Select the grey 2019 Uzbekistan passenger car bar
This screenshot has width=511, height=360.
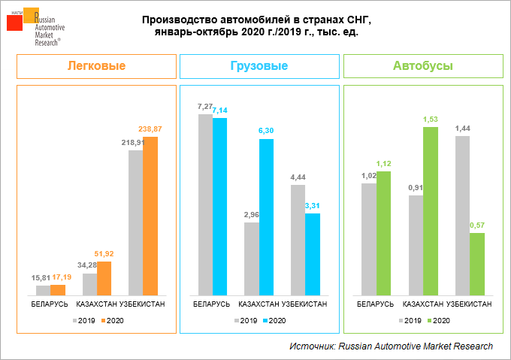(x=136, y=222)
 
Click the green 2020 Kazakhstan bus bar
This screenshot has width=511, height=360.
(x=431, y=210)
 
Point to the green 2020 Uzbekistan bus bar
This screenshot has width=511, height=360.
(x=477, y=264)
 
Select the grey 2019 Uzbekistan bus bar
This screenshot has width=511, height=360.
(x=462, y=215)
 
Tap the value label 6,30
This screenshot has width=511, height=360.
(x=267, y=132)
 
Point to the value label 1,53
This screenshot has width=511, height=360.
(x=431, y=119)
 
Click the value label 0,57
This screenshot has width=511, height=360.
(x=477, y=225)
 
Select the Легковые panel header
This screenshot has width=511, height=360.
(x=96, y=66)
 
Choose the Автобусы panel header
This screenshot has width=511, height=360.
(x=423, y=66)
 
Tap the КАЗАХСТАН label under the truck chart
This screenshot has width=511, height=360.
(x=259, y=304)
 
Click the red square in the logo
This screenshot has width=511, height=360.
(x=14, y=23)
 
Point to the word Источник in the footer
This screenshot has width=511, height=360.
(x=311, y=346)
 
